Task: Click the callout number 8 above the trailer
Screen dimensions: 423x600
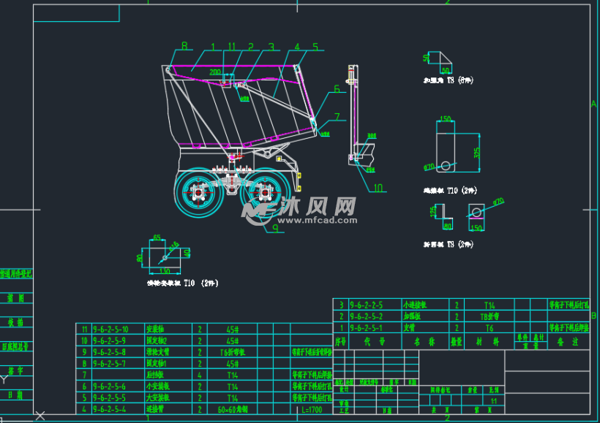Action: (184, 46)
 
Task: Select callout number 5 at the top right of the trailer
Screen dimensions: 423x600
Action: (315, 47)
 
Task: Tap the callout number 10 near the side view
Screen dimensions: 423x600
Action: (378, 188)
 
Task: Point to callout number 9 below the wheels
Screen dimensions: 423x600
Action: (274, 228)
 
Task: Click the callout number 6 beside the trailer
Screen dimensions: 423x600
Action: (337, 89)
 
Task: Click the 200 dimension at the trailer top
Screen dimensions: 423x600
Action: (215, 73)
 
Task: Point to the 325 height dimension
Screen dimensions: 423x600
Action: (476, 152)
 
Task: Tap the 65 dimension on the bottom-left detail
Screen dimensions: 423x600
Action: (157, 237)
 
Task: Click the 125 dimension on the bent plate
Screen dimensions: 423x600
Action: (432, 210)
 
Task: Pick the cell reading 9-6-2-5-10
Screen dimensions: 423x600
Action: (106, 329)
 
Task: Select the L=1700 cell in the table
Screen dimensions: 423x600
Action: (311, 410)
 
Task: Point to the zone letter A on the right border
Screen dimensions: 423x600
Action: (593, 103)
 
